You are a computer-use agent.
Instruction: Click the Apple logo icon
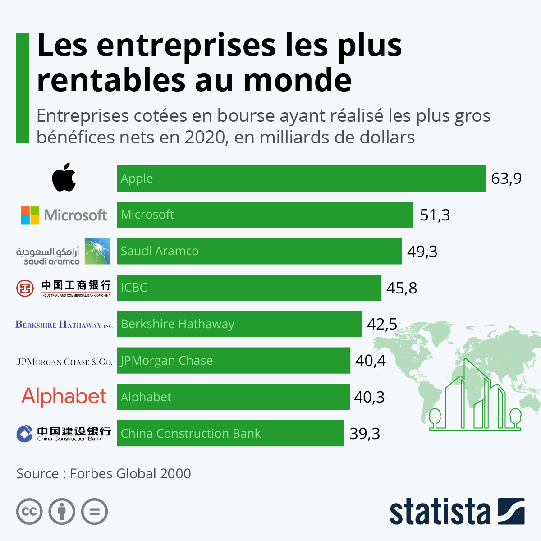click(x=64, y=178)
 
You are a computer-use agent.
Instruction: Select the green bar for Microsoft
click(x=265, y=215)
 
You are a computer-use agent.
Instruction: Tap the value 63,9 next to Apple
click(x=506, y=179)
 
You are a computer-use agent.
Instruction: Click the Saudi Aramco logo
click(x=63, y=252)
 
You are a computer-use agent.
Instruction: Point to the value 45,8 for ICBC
click(x=401, y=288)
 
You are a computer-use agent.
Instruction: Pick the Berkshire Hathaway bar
click(x=239, y=324)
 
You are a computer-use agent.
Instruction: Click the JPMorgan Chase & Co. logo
click(x=64, y=362)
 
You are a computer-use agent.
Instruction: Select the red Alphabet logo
click(x=64, y=397)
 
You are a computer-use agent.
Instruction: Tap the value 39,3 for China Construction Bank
click(x=364, y=434)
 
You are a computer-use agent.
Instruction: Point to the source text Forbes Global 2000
click(x=130, y=473)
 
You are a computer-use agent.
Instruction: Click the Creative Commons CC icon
click(x=29, y=512)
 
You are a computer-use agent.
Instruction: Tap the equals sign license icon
click(x=95, y=512)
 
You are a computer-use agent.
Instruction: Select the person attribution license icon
click(x=62, y=512)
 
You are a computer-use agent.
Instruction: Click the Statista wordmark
click(x=440, y=512)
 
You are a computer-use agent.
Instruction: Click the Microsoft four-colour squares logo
click(x=30, y=215)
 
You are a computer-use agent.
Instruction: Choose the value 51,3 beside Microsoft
click(x=435, y=215)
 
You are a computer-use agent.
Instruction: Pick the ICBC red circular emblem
click(x=25, y=288)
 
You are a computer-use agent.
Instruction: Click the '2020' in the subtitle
click(x=205, y=137)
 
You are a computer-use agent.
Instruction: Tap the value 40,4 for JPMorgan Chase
click(x=370, y=361)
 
